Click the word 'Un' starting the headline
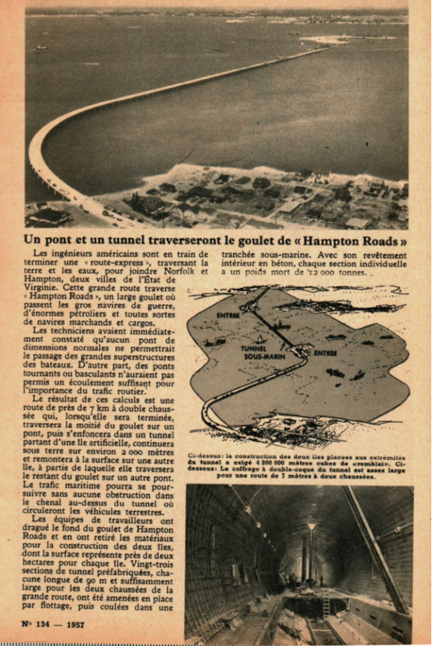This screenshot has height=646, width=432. click(34, 239)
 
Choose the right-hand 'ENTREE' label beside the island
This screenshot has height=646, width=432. click(325, 354)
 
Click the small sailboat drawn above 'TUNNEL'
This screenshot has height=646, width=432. click(260, 340)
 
